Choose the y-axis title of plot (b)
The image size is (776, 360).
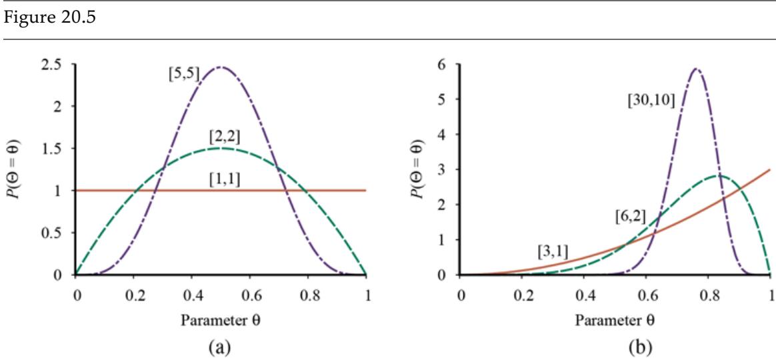418,169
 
